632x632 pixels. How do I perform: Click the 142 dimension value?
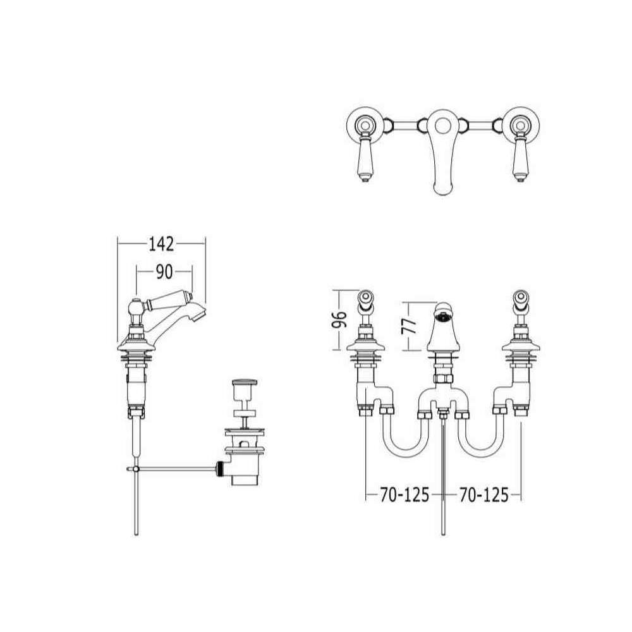[x=161, y=244]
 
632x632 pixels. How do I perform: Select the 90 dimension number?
[x=164, y=272]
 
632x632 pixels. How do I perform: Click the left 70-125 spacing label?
[x=404, y=495]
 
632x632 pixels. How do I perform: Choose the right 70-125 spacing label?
[x=484, y=495]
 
